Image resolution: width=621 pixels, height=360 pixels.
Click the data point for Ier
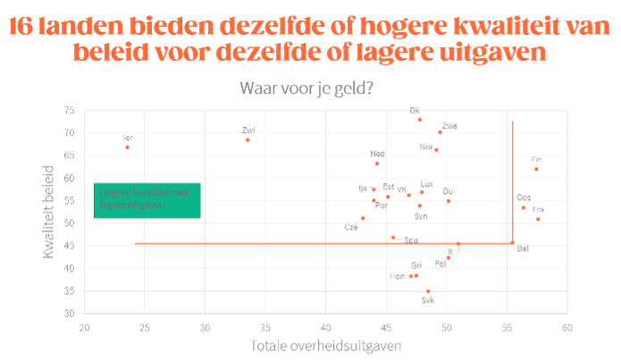point(127,147)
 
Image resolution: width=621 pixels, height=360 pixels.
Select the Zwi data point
point(248,139)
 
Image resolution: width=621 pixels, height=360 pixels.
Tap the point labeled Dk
point(419,119)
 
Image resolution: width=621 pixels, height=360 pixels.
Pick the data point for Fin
point(536,169)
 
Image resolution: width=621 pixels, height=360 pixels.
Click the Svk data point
point(428,291)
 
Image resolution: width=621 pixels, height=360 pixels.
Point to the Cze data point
point(363,218)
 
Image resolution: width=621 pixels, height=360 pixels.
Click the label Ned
point(378,154)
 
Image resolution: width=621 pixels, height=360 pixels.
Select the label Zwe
point(449,126)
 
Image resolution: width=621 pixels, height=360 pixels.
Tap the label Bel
point(523,247)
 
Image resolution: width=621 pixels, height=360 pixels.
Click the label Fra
point(538,209)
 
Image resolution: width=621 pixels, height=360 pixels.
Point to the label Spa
point(411,239)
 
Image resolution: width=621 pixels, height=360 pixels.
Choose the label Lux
point(427,183)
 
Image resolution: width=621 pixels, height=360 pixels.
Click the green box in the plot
point(147,200)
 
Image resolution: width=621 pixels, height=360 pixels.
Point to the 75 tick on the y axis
point(69,110)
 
